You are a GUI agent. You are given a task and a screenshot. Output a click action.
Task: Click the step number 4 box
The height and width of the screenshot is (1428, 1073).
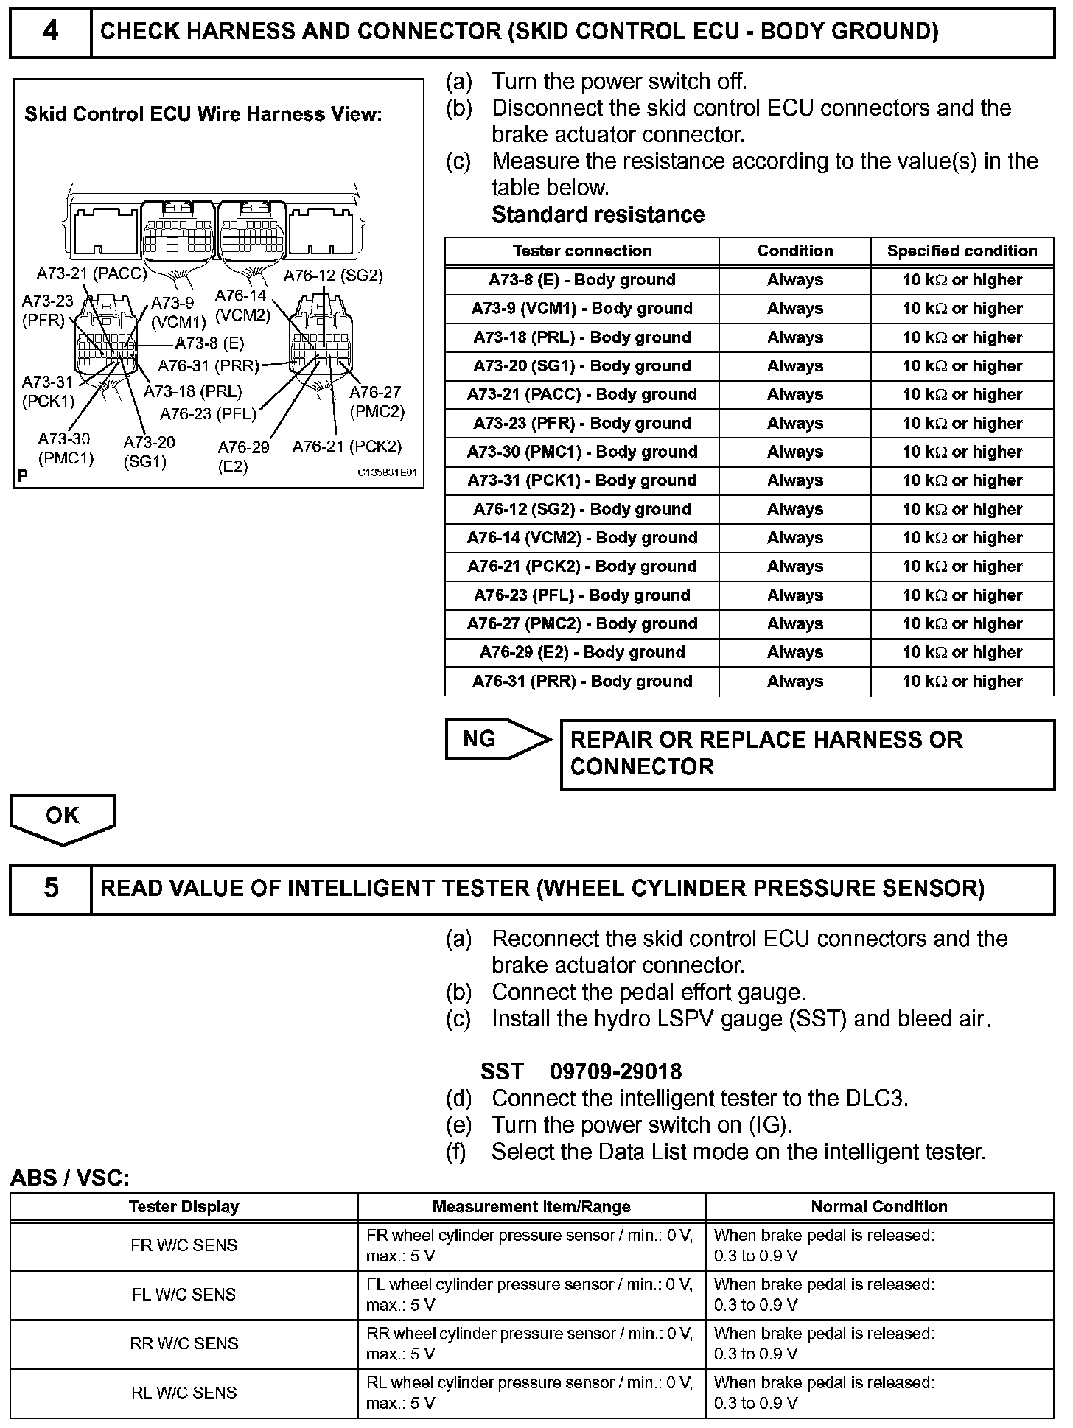coord(50,32)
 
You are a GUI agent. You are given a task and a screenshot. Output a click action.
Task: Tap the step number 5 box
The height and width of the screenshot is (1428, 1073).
coord(50,888)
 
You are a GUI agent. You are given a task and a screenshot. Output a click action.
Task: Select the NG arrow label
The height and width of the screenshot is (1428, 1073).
coord(480,739)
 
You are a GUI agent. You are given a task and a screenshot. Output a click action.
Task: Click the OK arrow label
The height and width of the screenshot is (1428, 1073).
coord(63,816)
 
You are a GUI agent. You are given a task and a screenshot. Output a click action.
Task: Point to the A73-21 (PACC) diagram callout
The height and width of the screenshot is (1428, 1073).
coord(91,275)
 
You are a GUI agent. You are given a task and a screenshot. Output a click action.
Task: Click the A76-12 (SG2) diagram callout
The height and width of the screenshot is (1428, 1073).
coord(333,276)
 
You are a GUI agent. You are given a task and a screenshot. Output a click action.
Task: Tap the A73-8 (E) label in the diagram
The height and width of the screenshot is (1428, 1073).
coord(209,343)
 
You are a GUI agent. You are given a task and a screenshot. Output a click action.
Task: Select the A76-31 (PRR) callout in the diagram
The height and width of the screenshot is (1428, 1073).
coord(209,366)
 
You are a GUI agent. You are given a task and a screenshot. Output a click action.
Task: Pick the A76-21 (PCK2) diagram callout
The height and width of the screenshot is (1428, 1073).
coord(347,447)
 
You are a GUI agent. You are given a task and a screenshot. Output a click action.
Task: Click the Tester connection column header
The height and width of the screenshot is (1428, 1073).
coord(581,251)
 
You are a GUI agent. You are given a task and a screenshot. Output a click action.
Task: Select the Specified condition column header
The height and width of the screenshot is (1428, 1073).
coord(962,251)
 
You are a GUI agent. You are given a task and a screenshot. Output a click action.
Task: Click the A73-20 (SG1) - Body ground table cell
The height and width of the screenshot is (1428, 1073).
coord(581,366)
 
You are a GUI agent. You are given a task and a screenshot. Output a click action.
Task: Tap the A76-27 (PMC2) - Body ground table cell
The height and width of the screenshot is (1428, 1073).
coord(581,624)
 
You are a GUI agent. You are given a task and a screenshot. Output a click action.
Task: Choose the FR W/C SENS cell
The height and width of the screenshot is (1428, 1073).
coord(184,1246)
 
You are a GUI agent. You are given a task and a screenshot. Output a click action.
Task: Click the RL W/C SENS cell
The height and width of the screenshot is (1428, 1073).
coord(184,1393)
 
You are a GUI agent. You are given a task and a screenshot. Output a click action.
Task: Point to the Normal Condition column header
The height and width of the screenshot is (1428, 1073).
coord(878,1207)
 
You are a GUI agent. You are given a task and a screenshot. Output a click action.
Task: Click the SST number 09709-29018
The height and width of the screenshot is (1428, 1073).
coord(615,1071)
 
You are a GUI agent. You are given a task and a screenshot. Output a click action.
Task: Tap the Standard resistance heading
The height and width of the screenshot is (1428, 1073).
coord(598,214)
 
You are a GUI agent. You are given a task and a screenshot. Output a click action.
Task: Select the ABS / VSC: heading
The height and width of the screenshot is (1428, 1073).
coord(70,1178)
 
